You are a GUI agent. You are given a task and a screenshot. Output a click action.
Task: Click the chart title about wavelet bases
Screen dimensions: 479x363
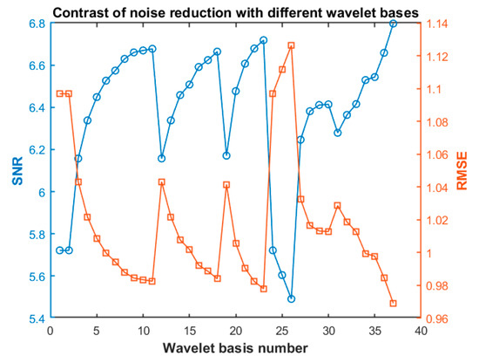(x=235, y=13)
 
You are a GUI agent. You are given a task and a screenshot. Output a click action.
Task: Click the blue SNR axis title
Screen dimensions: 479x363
(x=17, y=171)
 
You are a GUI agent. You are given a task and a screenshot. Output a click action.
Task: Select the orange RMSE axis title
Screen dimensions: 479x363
(x=462, y=171)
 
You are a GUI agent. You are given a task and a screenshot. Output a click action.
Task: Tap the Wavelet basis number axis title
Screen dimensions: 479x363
(x=235, y=348)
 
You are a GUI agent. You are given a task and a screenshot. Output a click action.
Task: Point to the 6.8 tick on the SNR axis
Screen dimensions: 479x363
(x=37, y=24)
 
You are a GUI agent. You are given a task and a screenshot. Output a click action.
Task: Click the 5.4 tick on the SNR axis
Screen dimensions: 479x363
(x=37, y=318)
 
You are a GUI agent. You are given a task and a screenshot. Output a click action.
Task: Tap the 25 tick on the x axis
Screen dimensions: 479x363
(x=282, y=331)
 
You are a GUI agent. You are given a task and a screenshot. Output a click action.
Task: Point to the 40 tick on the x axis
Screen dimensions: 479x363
(x=421, y=331)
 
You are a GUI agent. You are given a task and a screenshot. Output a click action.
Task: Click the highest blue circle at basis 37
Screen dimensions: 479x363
(x=394, y=24)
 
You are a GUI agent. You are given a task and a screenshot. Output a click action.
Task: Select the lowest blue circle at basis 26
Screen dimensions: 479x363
(x=292, y=298)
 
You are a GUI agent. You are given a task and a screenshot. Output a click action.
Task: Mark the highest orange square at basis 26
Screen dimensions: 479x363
(x=292, y=45)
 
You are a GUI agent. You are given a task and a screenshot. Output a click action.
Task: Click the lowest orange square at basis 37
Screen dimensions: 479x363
(x=394, y=304)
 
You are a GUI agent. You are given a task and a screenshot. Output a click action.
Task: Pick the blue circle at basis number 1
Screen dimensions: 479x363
(x=60, y=250)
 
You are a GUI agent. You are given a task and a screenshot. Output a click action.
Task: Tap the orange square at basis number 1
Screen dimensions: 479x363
(x=60, y=93)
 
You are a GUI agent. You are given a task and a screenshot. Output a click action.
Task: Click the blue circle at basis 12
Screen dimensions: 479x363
(x=162, y=158)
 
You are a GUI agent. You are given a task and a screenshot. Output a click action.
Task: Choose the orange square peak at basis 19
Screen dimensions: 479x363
(x=226, y=185)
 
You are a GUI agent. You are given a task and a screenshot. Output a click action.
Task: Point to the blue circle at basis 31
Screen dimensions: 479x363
(x=338, y=133)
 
